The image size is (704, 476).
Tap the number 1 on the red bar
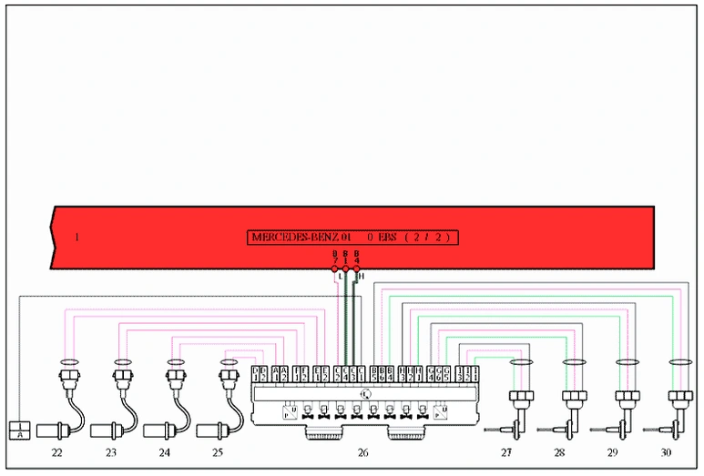pos(77,238)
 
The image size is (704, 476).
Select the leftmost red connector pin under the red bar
pos(335,268)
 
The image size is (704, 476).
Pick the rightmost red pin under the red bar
pos(357,268)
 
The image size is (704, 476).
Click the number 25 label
pos(218,452)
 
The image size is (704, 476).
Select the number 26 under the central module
pos(363,452)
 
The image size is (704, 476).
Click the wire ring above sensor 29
pos(626,361)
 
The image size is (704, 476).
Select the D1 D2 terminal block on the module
pos(260,374)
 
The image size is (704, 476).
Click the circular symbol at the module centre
pos(364,393)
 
